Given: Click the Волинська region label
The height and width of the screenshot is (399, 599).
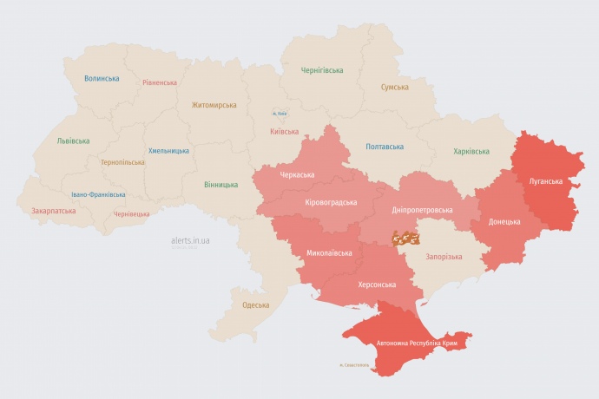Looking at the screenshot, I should click(x=102, y=78).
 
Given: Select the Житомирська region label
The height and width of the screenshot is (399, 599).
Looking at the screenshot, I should click(x=214, y=105).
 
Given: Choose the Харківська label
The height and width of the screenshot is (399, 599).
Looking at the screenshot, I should click(x=477, y=152).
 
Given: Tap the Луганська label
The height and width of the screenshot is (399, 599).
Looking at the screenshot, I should click(x=545, y=181).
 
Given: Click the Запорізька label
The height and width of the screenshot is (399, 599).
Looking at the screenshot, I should click(x=444, y=257).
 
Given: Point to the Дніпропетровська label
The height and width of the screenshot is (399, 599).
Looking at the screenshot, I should click(x=422, y=211).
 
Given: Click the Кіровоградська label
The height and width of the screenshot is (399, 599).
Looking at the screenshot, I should click(x=332, y=202).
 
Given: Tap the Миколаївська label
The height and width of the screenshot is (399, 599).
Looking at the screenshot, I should click(x=329, y=253).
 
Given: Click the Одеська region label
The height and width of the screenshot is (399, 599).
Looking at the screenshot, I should click(x=255, y=305).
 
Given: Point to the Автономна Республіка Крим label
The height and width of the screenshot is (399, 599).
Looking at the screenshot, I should click(x=417, y=343).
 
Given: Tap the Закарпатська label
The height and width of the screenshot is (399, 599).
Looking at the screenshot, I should click(x=53, y=211).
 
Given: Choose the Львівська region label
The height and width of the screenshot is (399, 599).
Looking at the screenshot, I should click(x=73, y=141).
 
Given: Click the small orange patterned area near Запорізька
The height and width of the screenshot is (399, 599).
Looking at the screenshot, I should click(x=405, y=236).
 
